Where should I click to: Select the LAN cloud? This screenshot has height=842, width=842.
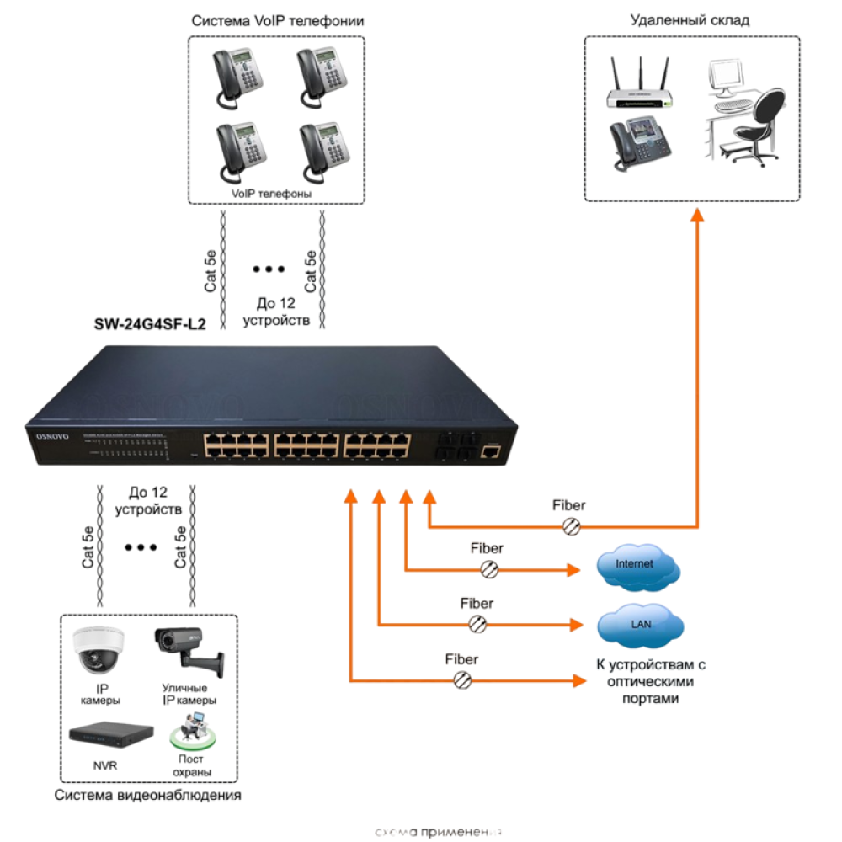[x=640, y=624]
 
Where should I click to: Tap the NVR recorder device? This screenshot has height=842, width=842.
[x=111, y=734]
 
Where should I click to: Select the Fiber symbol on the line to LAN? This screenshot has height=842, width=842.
[x=477, y=624]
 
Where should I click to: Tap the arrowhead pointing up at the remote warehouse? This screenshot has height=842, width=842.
[x=697, y=216]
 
